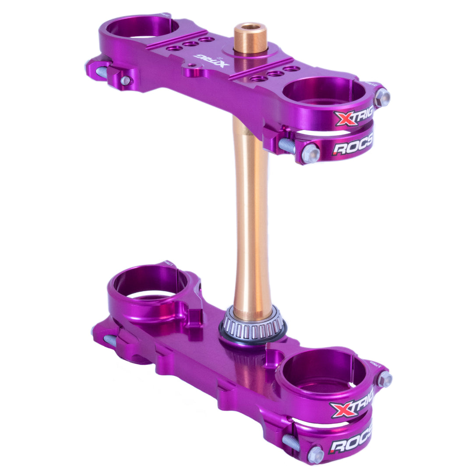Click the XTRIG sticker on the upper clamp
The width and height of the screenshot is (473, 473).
(x=353, y=117)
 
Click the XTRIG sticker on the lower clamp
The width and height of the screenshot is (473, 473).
(x=351, y=407)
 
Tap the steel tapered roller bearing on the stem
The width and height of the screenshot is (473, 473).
(x=252, y=326)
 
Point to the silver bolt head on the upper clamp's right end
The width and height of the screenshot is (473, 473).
(x=381, y=97)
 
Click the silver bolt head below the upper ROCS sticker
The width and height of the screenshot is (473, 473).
(x=311, y=153)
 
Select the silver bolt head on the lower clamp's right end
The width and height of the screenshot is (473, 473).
(x=384, y=379)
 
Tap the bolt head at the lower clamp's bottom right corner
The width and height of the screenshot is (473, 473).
(x=315, y=455)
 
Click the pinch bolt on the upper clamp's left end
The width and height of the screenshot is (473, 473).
(x=125, y=80)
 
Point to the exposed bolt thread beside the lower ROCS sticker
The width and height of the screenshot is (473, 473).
(x=291, y=442)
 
